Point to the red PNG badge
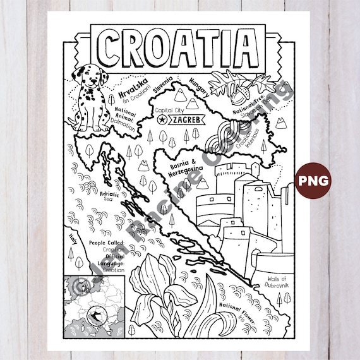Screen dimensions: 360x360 point(314,181)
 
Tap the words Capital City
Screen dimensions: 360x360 point(170,108)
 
